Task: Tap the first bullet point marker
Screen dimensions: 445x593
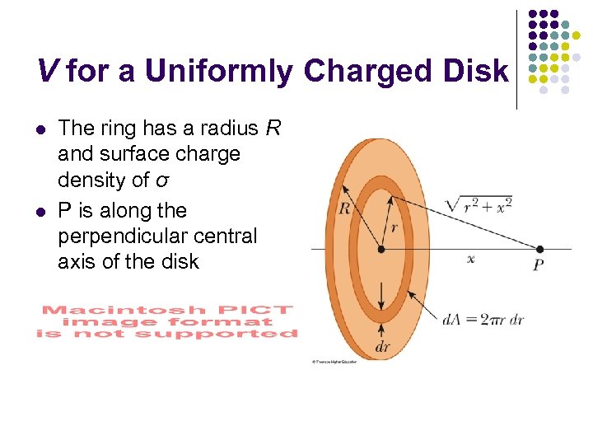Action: pyautogui.click(x=41, y=129)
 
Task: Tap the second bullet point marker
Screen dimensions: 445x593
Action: pyautogui.click(x=41, y=212)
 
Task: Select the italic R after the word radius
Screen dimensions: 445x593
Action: pyautogui.click(x=273, y=128)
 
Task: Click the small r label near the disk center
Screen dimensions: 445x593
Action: pyautogui.click(x=394, y=227)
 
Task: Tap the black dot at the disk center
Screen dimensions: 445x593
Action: pyautogui.click(x=381, y=248)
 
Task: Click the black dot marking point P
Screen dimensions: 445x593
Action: pyautogui.click(x=539, y=248)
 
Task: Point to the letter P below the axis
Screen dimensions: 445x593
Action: pyautogui.click(x=538, y=265)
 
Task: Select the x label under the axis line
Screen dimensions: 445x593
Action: pyautogui.click(x=471, y=259)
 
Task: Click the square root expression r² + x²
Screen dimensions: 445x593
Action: pyautogui.click(x=478, y=205)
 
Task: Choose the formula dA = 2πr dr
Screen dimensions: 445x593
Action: pyautogui.click(x=483, y=319)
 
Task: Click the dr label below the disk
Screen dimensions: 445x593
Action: pyautogui.click(x=382, y=347)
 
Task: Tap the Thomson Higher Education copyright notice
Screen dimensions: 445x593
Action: pyautogui.click(x=334, y=362)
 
